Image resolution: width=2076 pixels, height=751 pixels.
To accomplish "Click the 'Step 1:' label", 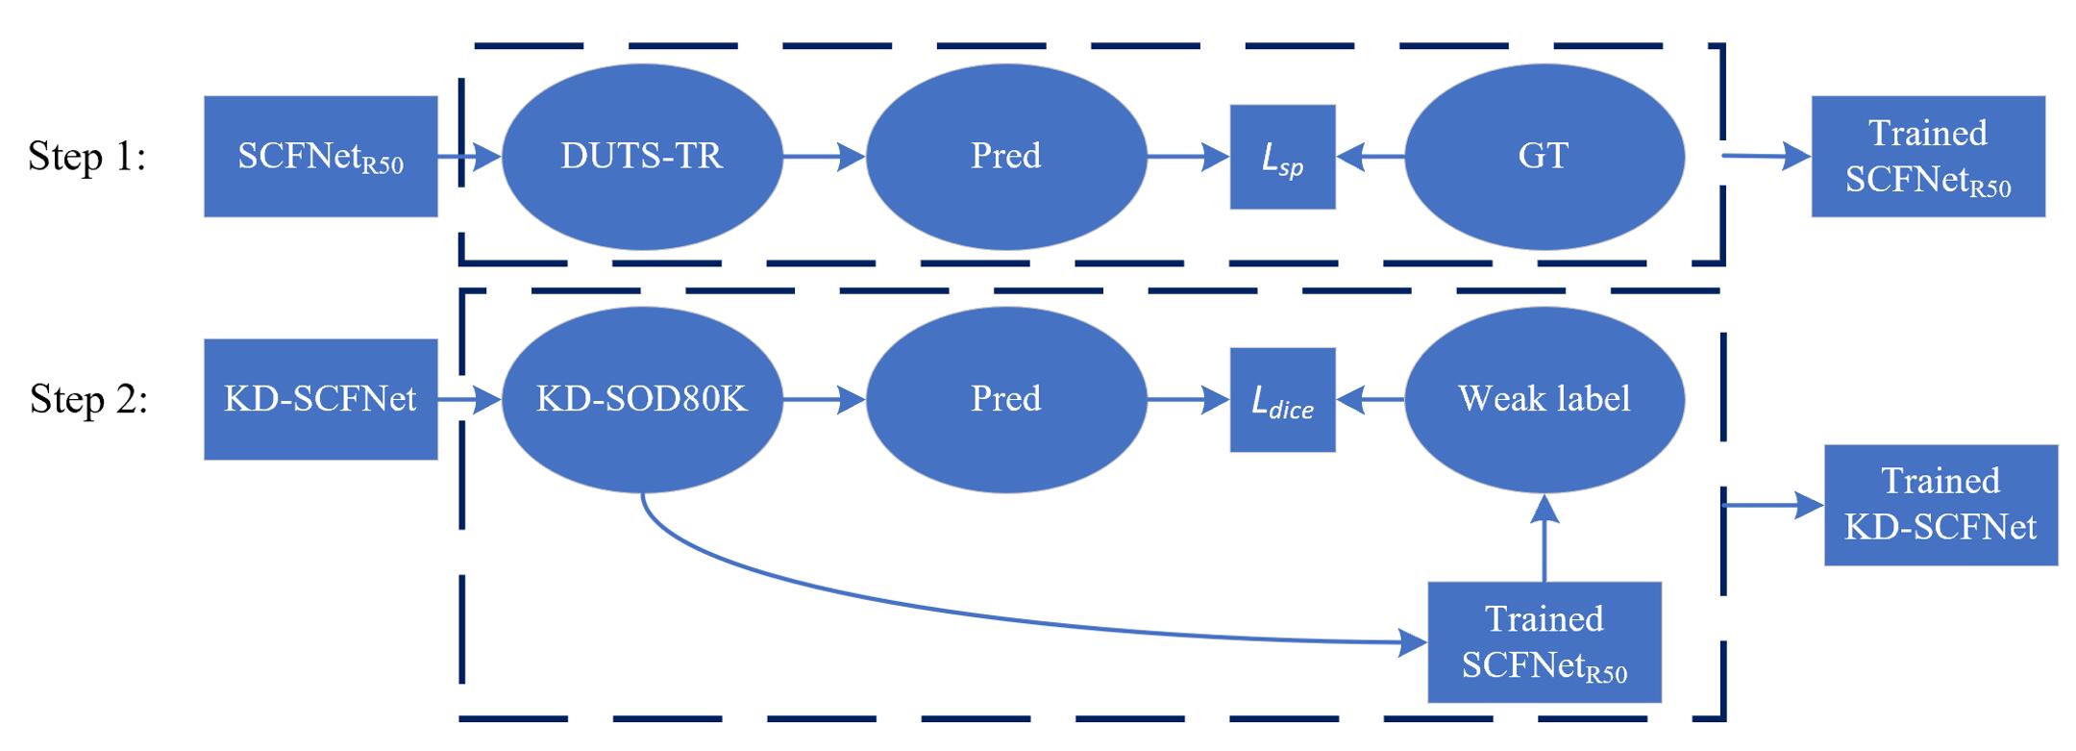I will click(87, 156).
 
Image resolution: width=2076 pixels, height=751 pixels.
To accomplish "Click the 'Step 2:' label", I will click(88, 399).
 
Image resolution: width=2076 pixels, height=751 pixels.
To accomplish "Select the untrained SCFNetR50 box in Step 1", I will click(320, 156).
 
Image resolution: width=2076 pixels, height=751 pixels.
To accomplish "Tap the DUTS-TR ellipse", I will click(642, 156).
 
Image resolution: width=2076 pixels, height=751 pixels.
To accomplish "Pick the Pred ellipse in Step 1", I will click(1006, 156).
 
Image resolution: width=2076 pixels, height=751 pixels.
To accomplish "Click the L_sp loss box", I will click(1282, 157).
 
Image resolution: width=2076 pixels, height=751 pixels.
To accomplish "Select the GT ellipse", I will click(1544, 156).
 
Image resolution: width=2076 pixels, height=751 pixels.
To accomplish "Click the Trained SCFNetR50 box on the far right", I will click(1928, 156).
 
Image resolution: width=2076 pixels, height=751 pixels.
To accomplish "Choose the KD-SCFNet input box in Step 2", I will click(320, 399).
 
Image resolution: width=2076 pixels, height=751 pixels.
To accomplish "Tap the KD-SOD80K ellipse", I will click(642, 399).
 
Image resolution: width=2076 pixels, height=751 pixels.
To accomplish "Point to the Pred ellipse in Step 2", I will click(1006, 399).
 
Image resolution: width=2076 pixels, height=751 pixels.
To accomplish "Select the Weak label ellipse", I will click(1544, 399).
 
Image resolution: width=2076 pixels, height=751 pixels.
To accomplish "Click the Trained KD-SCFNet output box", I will click(1940, 505).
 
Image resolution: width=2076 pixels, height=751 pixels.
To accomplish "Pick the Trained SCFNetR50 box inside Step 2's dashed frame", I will click(1544, 642).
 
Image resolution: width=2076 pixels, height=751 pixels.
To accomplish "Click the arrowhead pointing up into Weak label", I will click(1544, 510).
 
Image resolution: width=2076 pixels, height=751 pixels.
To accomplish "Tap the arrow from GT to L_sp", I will click(1371, 156).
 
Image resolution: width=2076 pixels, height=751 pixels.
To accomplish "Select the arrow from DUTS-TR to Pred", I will click(825, 156).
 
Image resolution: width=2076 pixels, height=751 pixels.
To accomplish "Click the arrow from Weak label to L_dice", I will click(1371, 399).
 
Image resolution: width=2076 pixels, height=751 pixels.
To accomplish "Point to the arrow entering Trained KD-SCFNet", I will click(1773, 505).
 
